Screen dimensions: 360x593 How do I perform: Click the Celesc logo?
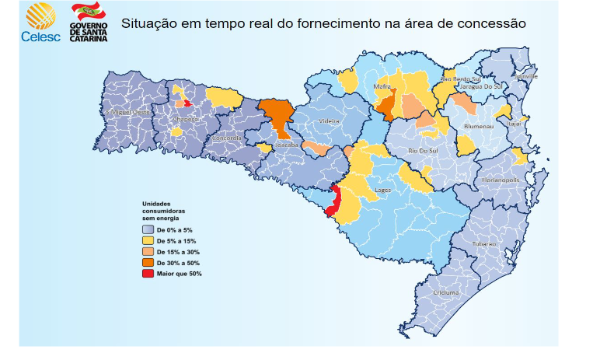pos(36,21)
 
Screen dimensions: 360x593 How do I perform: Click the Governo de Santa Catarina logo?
pos(90,21)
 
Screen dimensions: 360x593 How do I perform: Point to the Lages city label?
pos(382,189)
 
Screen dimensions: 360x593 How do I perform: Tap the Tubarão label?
pos(482,243)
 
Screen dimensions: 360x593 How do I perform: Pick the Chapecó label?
pos(185,119)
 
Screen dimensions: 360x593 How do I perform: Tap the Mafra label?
pos(382,86)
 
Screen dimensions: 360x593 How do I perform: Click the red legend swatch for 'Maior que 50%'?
pos(148,274)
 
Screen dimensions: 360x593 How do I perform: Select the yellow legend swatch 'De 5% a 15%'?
pos(148,241)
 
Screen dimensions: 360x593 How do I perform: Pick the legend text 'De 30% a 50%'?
pos(178,263)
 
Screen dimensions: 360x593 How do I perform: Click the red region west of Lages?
pos(333,203)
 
